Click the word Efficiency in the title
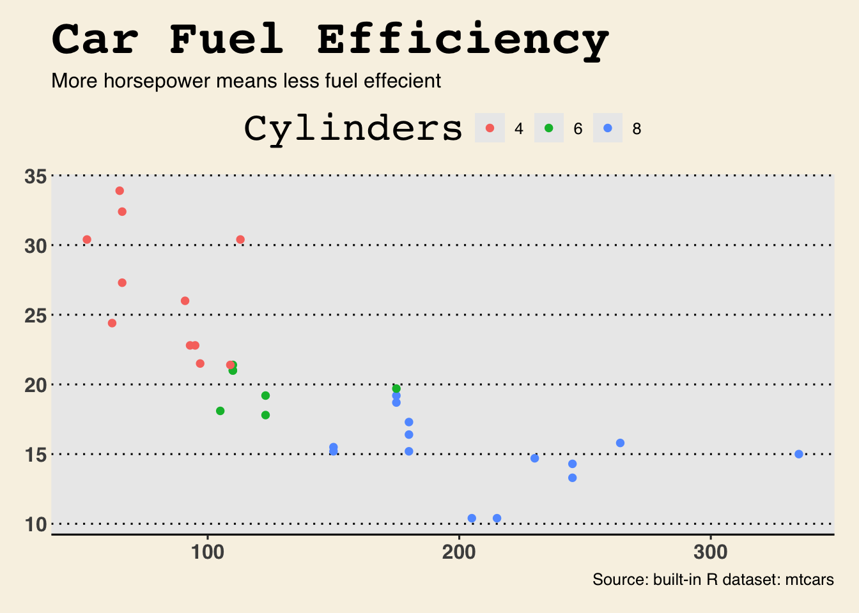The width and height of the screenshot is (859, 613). click(x=463, y=40)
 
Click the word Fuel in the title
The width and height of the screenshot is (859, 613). click(x=227, y=40)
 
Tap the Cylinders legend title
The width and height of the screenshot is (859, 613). click(x=353, y=128)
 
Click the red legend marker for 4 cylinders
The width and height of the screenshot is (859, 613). click(x=490, y=128)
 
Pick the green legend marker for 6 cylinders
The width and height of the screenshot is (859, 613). click(x=548, y=128)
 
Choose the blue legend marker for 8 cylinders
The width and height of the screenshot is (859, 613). click(x=608, y=128)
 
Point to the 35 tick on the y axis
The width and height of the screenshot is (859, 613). click(x=35, y=176)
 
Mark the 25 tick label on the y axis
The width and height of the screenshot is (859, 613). click(x=35, y=315)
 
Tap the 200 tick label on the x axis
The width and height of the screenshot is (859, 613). click(x=459, y=552)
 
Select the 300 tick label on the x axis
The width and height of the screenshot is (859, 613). click(x=711, y=552)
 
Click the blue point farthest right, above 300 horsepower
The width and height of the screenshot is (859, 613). click(x=799, y=454)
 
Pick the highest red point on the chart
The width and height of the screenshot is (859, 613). click(x=120, y=191)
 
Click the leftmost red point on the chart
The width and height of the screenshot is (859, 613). click(x=87, y=239)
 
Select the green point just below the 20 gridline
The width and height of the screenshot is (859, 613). click(x=396, y=389)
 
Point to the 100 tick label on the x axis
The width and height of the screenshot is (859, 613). click(x=207, y=552)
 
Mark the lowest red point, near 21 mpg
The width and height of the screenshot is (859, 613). click(x=230, y=365)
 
